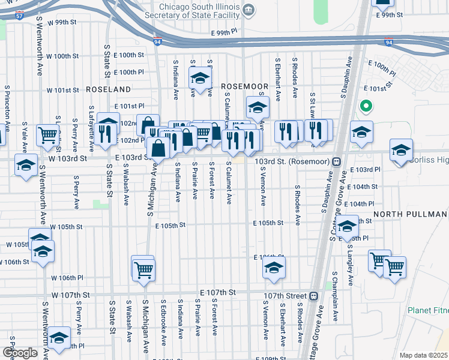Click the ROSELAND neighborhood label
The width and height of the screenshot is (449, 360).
pos(108,89)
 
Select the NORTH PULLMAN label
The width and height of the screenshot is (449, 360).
pos(411,214)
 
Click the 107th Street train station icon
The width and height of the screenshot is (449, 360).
pos(313,296)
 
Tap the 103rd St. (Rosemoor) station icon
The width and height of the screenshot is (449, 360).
pos(337,161)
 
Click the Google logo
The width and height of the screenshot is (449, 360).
pos(20,353)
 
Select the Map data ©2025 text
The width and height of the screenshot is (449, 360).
pos(424,355)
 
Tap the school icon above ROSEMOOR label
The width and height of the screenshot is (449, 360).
pos(200,77)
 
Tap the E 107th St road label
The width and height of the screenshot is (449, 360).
pos(215,292)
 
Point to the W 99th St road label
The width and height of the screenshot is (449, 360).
pos(65,22)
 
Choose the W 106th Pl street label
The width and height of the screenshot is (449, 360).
pos(67,278)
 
